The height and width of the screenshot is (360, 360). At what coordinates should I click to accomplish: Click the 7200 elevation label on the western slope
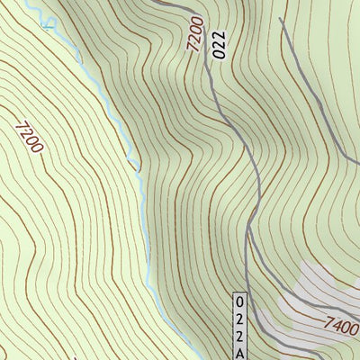(x=29, y=137)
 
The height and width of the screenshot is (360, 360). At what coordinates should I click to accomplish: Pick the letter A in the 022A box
(x=239, y=353)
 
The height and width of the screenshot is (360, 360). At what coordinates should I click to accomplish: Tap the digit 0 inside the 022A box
(x=239, y=302)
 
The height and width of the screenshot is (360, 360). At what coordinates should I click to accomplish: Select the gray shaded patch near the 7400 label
(x=319, y=288)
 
